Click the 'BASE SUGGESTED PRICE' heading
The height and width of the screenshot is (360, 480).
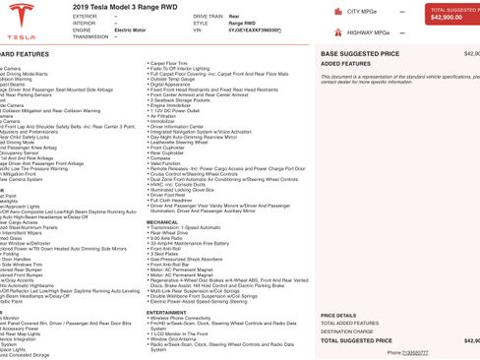pos(360,53)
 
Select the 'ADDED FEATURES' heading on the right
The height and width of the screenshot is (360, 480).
pos(345,63)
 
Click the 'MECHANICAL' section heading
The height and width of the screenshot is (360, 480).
pos(163,221)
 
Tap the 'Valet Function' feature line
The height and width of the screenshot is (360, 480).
pos(169,163)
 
